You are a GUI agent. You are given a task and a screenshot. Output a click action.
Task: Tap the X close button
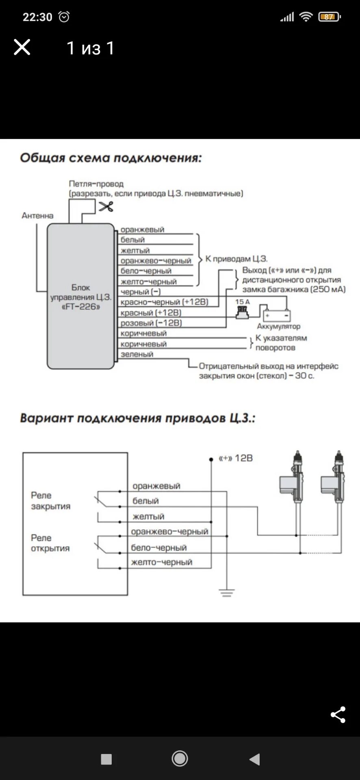[x=22, y=48]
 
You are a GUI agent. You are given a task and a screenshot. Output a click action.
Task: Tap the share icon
[x=338, y=715]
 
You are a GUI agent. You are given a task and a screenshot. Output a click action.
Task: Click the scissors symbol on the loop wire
[x=106, y=206]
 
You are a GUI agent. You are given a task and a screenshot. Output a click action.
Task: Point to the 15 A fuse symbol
[x=243, y=312]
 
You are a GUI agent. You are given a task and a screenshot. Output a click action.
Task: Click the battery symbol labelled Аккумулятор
[x=277, y=316]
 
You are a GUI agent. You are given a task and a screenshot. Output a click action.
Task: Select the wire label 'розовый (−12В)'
[x=151, y=323]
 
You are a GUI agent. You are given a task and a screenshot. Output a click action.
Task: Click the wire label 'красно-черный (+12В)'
[x=164, y=302]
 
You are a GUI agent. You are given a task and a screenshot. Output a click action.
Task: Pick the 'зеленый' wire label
[x=137, y=354]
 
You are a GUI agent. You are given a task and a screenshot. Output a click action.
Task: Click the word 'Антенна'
[x=37, y=216]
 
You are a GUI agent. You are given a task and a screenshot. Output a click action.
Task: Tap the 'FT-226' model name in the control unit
[x=80, y=307]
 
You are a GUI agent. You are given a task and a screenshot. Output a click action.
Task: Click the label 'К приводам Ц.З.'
[x=236, y=259]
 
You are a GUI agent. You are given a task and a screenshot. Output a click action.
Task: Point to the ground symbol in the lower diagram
[x=227, y=593]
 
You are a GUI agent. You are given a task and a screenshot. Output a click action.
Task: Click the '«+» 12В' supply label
[x=236, y=458]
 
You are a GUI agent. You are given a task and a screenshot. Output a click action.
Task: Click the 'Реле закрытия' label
[x=50, y=500]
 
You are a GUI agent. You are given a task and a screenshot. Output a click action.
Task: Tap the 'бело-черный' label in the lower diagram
[x=159, y=548]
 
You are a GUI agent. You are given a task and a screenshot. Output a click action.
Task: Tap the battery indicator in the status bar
[x=330, y=17]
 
